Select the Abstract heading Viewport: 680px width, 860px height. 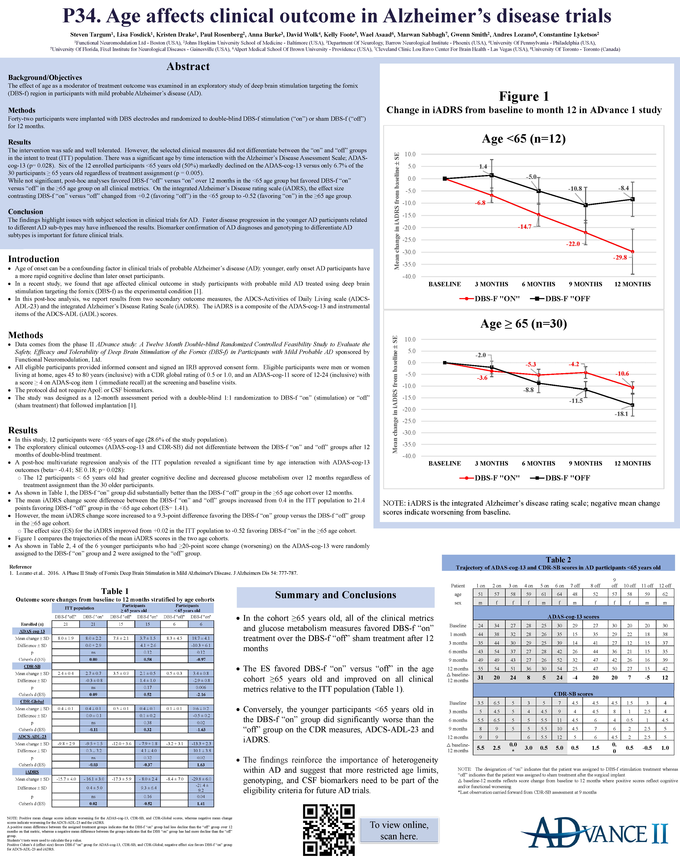(x=188, y=67)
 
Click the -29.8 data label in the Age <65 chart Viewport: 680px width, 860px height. (x=620, y=257)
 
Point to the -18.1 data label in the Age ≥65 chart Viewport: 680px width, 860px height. (x=621, y=414)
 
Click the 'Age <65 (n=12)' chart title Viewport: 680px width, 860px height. (x=524, y=139)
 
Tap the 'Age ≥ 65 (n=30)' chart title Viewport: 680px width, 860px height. (x=524, y=323)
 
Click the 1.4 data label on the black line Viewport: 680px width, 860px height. (x=483, y=166)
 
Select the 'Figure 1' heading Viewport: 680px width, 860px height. (x=524, y=96)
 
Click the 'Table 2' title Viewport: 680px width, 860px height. (x=558, y=560)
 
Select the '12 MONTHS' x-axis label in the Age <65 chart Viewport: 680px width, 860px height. (x=632, y=284)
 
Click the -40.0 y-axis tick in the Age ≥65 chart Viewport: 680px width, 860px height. (x=409, y=456)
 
